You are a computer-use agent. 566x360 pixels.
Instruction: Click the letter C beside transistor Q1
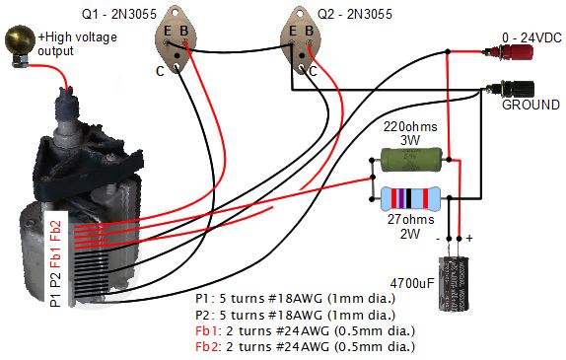pyautogui.click(x=160, y=71)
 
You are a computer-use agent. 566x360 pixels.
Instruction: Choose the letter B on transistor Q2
pyautogui.click(x=310, y=30)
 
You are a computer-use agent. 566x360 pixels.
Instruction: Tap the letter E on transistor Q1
pyautogui.click(x=169, y=30)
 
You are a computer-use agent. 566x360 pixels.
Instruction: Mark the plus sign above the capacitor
pyautogui.click(x=469, y=238)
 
